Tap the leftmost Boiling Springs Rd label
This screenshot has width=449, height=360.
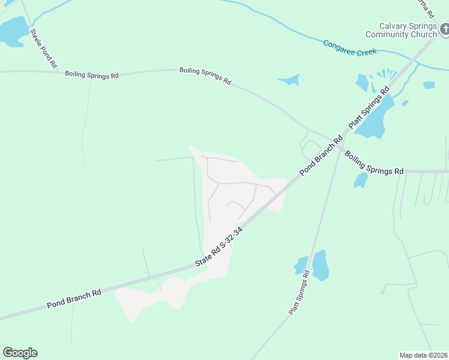pos(92,75)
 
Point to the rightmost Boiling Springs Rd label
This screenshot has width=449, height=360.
pos(373,162)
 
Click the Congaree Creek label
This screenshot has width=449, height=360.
pos(349,47)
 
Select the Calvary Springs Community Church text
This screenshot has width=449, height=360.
pos(400,30)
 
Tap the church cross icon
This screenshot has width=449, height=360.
pos(445,28)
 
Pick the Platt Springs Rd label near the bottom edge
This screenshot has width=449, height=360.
pos(298,292)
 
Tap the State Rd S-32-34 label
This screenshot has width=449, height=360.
pos(218,247)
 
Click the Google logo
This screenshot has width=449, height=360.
pos(20,353)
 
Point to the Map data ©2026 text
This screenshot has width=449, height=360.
pos(423,355)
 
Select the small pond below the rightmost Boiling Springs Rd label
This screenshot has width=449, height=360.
pos(361,180)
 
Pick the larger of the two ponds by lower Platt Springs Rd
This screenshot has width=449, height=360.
pos(321,265)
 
